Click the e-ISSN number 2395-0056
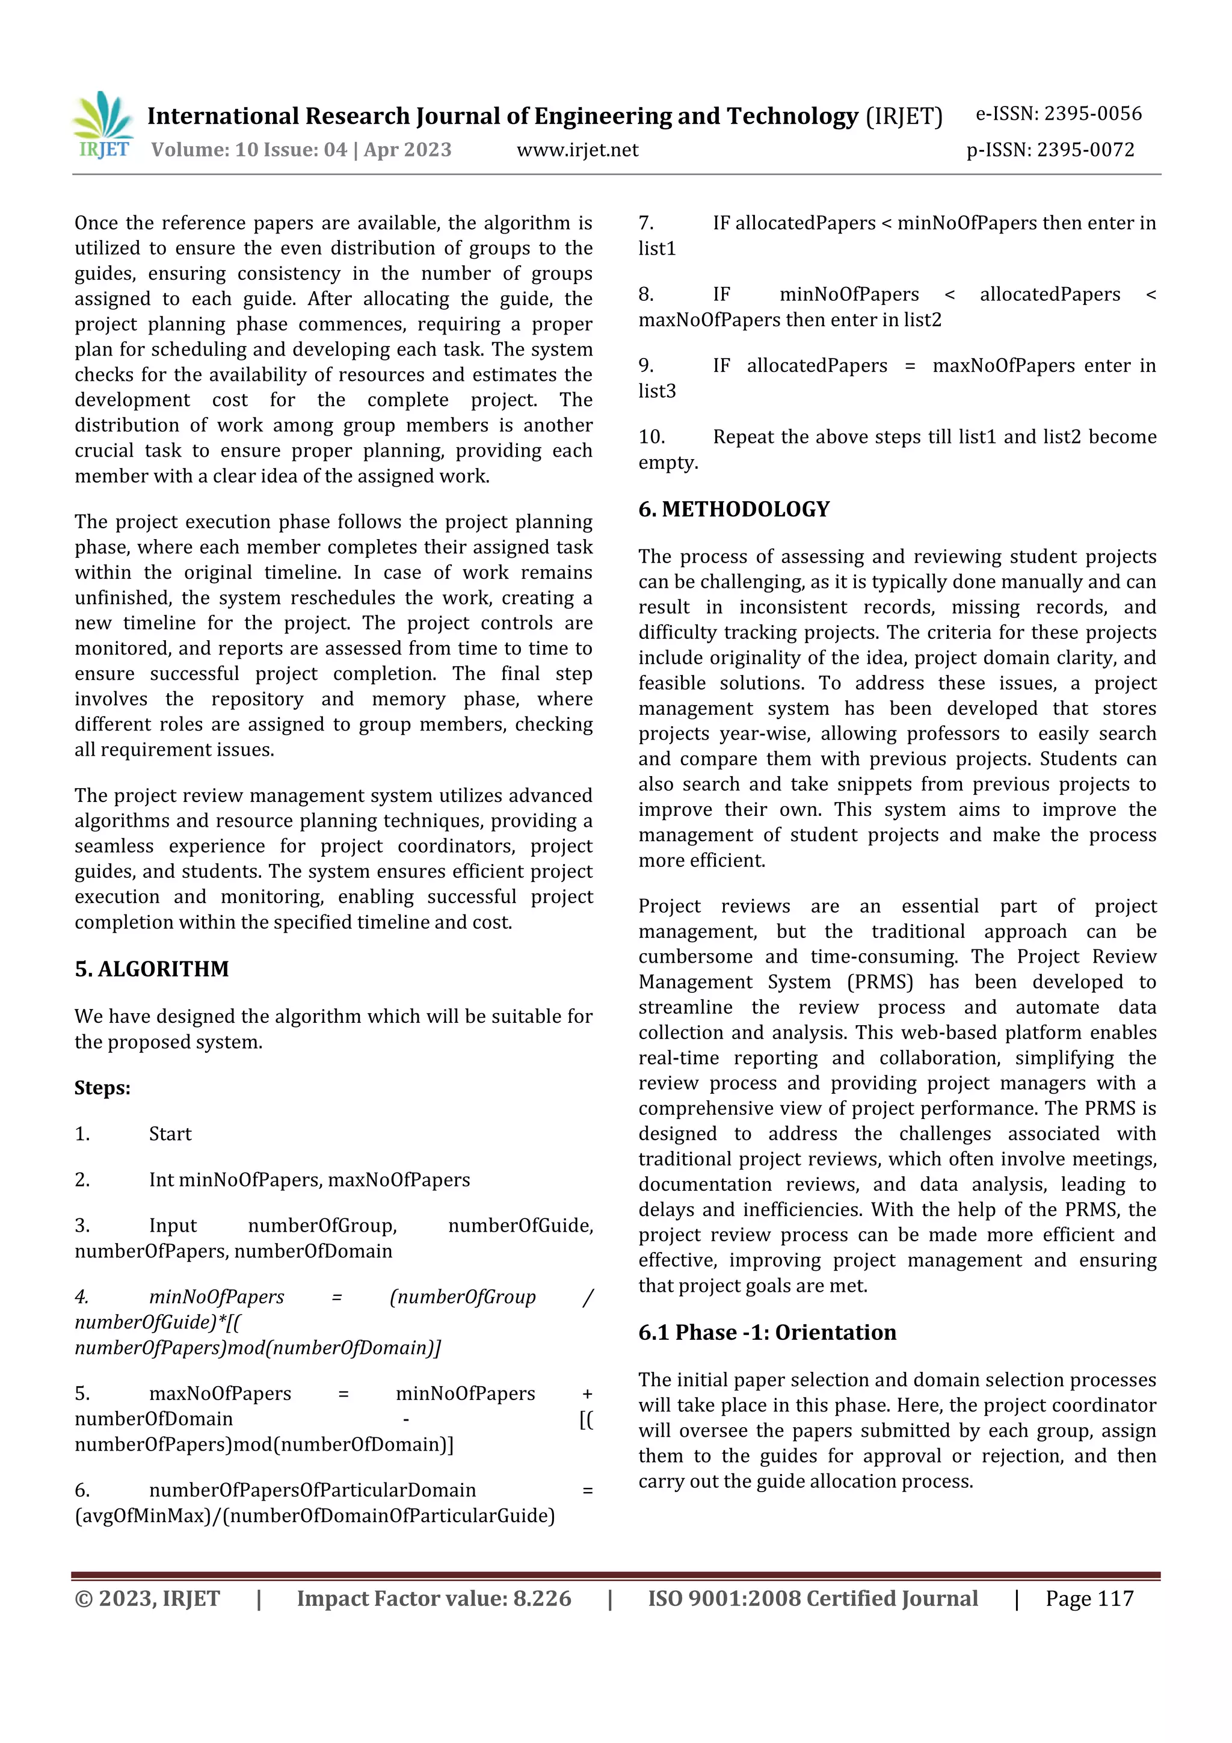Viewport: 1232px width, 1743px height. coord(1058,114)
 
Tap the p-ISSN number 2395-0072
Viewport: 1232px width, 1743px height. coord(1050,150)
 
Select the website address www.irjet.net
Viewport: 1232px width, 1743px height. coord(577,150)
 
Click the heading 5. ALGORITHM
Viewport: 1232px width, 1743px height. coord(151,969)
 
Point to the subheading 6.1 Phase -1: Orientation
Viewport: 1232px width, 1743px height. coord(766,1331)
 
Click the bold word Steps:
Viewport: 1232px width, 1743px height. coord(102,1088)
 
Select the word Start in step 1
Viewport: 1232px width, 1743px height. coord(170,1134)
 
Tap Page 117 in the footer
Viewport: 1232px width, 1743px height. coord(1089,1598)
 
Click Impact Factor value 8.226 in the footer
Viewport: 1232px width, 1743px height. coord(434,1598)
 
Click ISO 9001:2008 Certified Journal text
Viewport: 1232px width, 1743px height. coord(812,1598)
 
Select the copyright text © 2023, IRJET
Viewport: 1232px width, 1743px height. coord(147,1598)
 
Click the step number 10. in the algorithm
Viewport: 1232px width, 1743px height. coord(651,437)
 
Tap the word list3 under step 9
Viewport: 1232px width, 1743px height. coord(657,391)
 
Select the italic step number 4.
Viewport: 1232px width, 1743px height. coord(82,1297)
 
